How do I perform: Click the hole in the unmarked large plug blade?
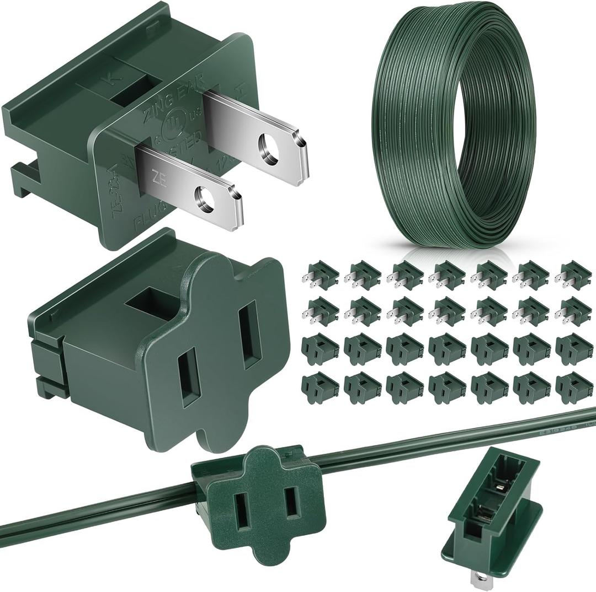(x=269, y=148)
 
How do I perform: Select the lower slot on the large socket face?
(x=189, y=377)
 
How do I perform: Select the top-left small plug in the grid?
(x=320, y=274)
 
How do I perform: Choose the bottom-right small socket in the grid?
(x=573, y=387)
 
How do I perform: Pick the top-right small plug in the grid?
(x=573, y=274)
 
